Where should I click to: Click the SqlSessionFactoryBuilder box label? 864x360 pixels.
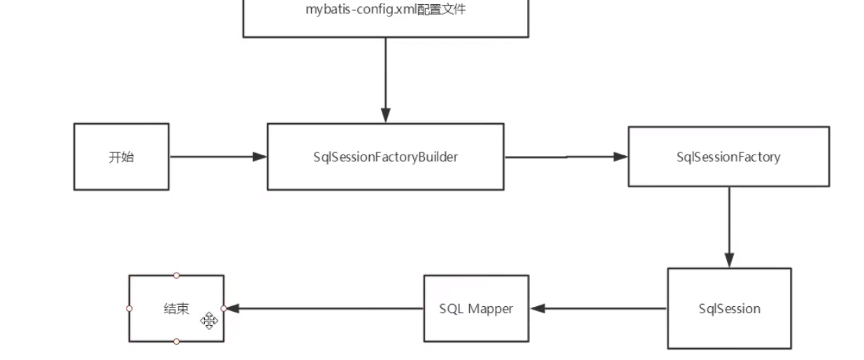(385, 157)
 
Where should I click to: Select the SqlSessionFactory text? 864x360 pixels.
(728, 157)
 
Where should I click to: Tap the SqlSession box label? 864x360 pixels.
(729, 308)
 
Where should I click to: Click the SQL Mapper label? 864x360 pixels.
(476, 308)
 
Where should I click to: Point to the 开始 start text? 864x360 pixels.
(121, 157)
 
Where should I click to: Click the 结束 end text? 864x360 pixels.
(176, 308)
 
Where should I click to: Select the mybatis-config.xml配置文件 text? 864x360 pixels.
(385, 10)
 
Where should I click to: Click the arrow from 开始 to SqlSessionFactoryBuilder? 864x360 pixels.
(217, 157)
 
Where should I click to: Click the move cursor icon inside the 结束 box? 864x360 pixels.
(209, 321)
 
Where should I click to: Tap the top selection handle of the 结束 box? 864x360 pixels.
(176, 275)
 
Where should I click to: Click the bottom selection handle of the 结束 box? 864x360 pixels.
(176, 341)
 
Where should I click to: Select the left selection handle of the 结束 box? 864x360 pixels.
(129, 308)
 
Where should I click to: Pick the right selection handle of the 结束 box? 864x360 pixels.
(224, 308)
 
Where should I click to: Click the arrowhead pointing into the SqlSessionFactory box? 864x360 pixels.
(621, 157)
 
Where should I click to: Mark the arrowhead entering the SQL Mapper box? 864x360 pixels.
(538, 308)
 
